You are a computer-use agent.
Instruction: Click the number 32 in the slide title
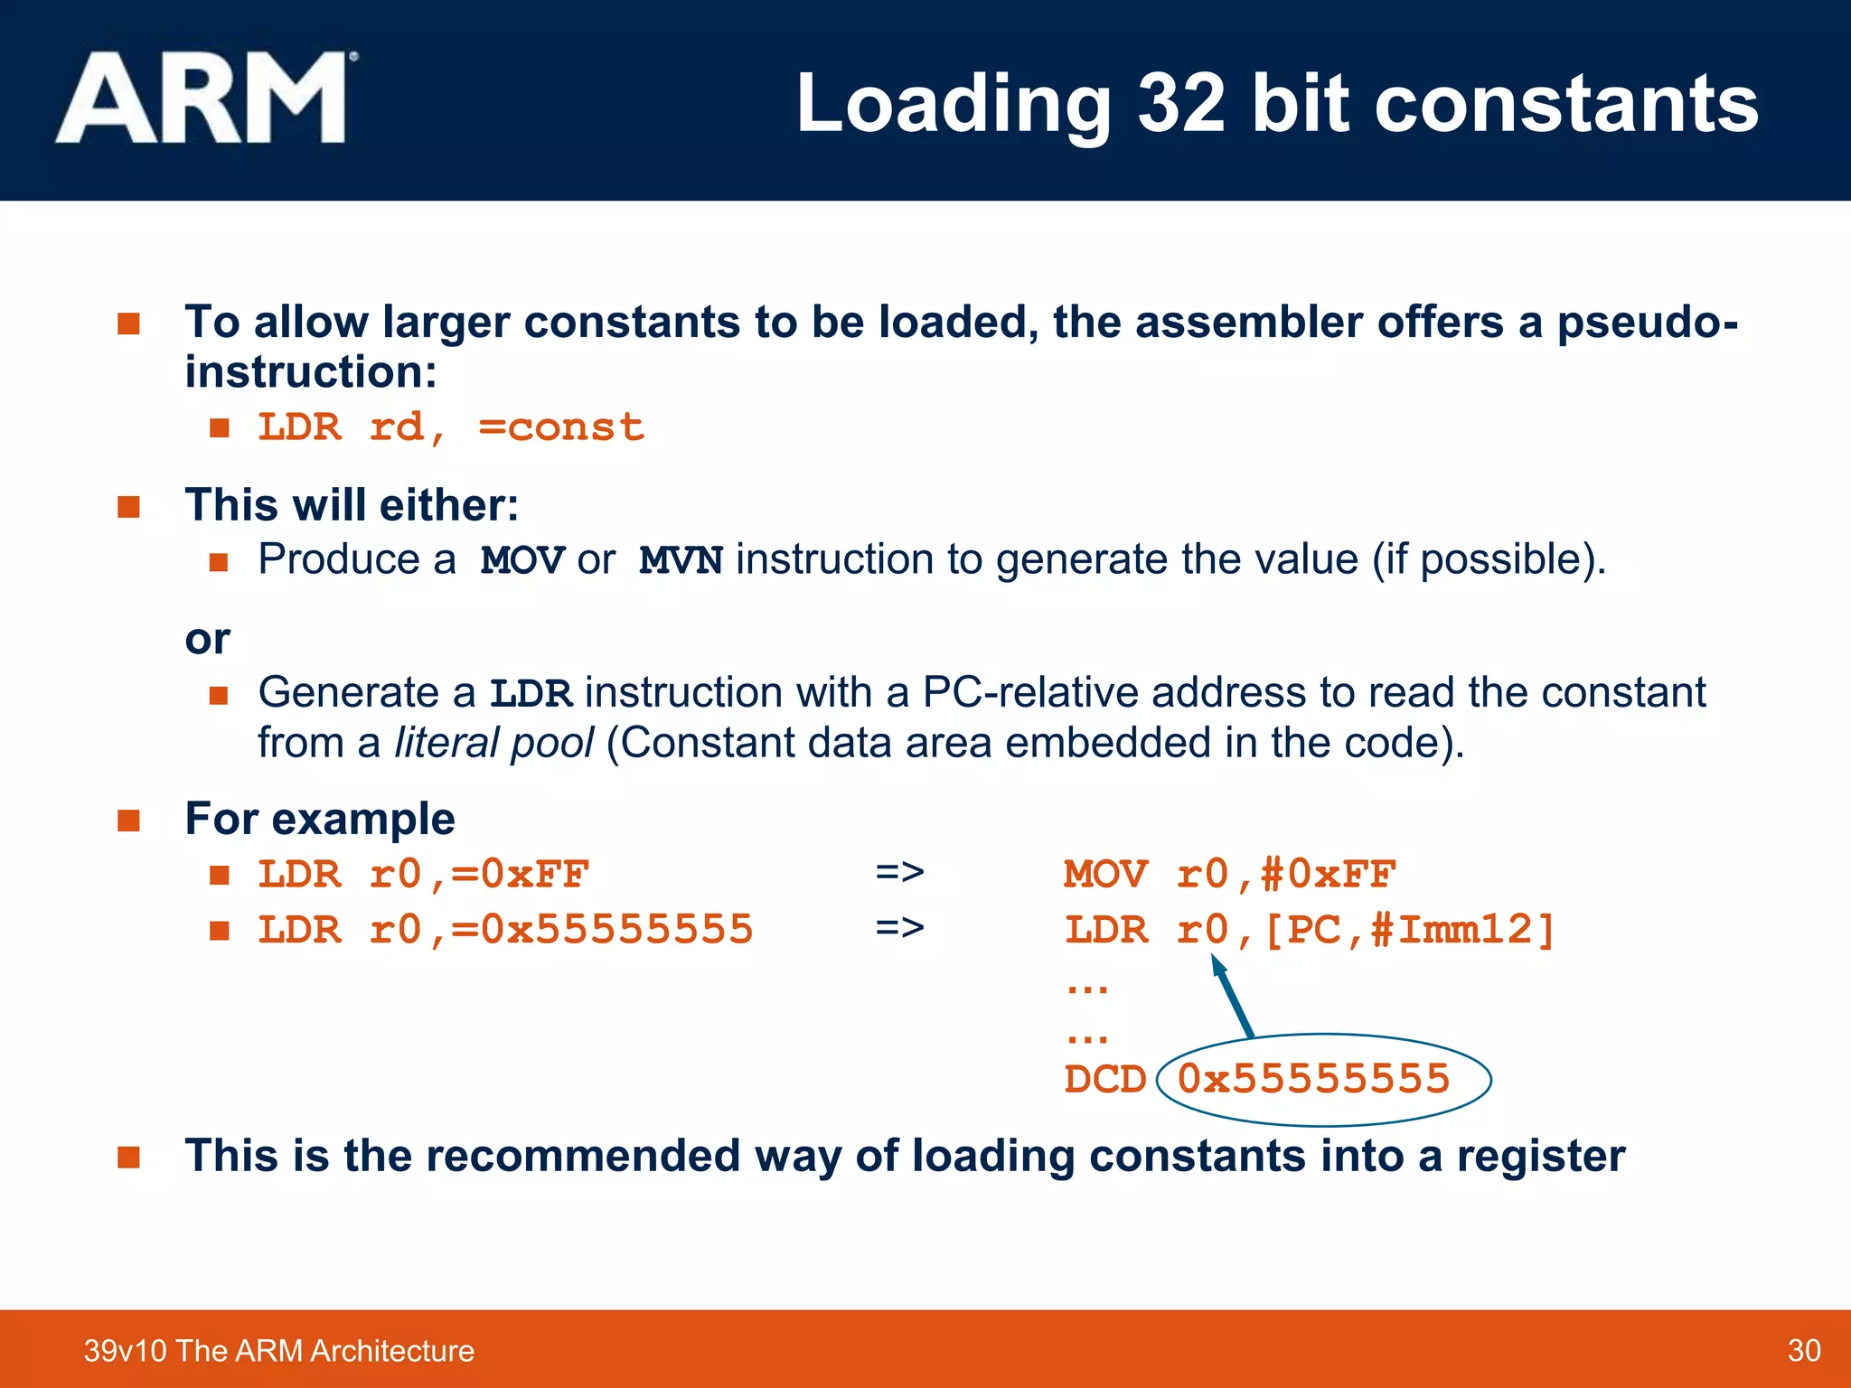(x=1182, y=103)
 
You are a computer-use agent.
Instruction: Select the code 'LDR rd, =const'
(x=451, y=427)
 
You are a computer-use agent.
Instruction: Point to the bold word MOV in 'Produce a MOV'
(x=522, y=561)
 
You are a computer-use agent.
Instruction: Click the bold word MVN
(x=681, y=561)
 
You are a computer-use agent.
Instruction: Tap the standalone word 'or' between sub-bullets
(x=207, y=640)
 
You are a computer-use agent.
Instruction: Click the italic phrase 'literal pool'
(x=493, y=743)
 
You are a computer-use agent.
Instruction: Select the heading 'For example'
(x=320, y=819)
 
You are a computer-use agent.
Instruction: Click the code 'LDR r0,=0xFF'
(x=424, y=875)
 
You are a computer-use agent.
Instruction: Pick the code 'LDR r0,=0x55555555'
(x=505, y=930)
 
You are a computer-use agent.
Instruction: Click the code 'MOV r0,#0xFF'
(x=1229, y=875)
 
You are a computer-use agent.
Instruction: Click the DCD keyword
(x=1104, y=1079)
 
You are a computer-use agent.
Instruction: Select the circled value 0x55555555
(x=1313, y=1079)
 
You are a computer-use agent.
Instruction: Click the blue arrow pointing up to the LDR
(x=1233, y=998)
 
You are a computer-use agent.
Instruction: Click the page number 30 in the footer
(x=1803, y=1350)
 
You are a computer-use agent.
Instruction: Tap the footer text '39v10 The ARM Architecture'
(x=278, y=1350)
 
